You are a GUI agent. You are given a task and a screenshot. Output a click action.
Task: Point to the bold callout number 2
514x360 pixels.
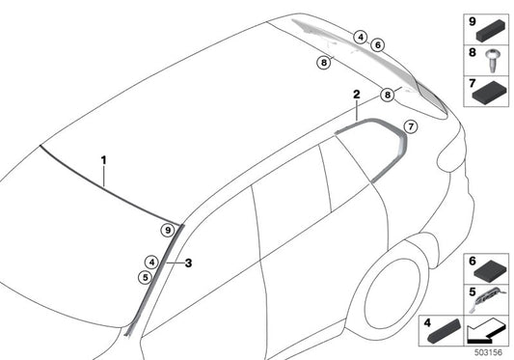tap(356, 96)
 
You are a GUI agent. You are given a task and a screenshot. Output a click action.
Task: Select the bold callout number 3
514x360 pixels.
tap(189, 263)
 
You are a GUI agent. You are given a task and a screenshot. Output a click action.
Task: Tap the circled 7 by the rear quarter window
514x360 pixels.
tap(409, 125)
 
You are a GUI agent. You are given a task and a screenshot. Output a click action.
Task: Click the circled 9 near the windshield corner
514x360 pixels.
tap(167, 231)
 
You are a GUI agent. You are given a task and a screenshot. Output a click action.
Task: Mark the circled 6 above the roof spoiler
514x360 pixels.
tap(377, 44)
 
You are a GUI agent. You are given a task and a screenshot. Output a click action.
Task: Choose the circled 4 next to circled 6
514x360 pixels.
tap(360, 38)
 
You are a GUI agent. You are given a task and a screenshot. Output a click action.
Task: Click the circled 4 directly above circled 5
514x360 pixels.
tap(151, 261)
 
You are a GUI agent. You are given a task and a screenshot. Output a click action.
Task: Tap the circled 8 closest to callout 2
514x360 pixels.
tap(387, 95)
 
